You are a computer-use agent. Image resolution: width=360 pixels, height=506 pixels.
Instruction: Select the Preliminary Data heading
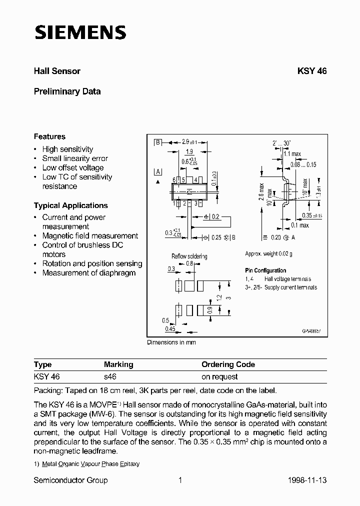(x=67, y=91)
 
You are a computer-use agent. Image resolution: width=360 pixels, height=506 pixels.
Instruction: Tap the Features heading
(x=49, y=136)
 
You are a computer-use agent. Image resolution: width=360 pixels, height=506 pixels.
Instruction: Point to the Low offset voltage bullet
(x=72, y=168)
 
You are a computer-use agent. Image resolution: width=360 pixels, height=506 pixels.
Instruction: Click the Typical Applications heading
(x=70, y=205)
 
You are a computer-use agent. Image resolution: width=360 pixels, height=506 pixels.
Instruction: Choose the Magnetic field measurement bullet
(x=90, y=236)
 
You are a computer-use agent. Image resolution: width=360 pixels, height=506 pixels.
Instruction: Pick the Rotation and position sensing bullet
(x=92, y=263)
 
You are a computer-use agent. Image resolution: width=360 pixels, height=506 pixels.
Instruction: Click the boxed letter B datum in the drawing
(x=158, y=142)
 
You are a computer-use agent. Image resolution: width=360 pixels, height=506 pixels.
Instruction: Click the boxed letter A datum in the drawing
(x=158, y=172)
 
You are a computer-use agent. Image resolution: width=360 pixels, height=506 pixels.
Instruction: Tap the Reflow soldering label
(x=189, y=256)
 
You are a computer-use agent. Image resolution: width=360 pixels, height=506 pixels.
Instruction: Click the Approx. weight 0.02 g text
(x=268, y=254)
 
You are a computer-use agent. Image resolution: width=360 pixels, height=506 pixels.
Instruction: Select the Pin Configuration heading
(x=265, y=270)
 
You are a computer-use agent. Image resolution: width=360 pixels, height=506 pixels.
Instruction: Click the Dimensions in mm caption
(x=171, y=342)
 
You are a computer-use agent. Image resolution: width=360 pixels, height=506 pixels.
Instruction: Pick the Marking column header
(x=118, y=364)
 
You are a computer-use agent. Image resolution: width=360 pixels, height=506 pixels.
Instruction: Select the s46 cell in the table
(x=110, y=376)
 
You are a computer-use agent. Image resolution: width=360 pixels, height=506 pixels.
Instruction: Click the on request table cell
(x=219, y=376)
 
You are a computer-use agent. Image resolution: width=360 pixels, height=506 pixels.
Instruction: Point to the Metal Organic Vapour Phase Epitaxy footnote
(x=90, y=464)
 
